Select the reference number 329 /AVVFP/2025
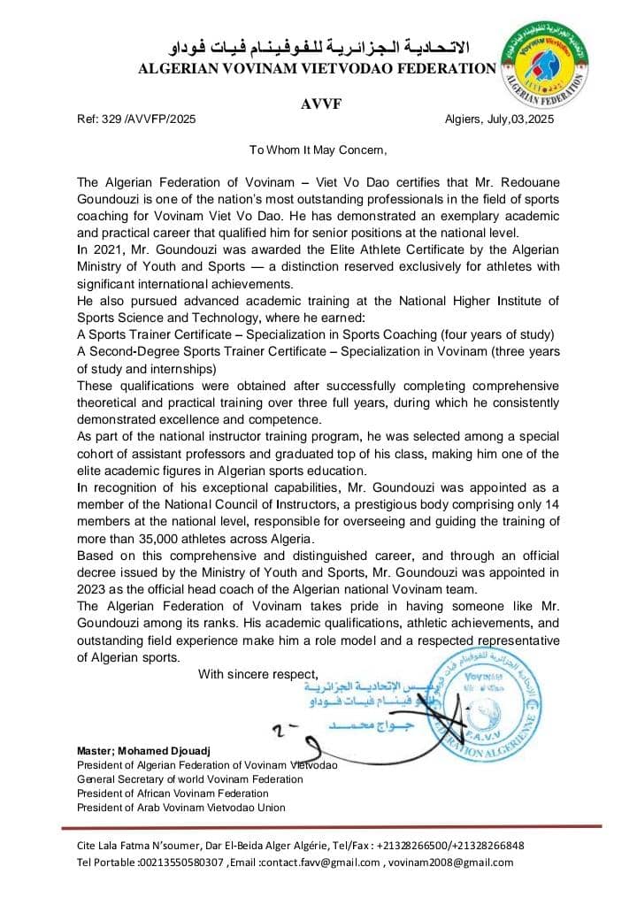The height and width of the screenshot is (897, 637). [150, 119]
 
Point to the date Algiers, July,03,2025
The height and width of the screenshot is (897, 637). [499, 119]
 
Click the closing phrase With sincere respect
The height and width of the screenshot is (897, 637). [257, 673]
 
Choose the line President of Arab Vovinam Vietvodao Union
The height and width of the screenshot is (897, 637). [181, 808]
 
